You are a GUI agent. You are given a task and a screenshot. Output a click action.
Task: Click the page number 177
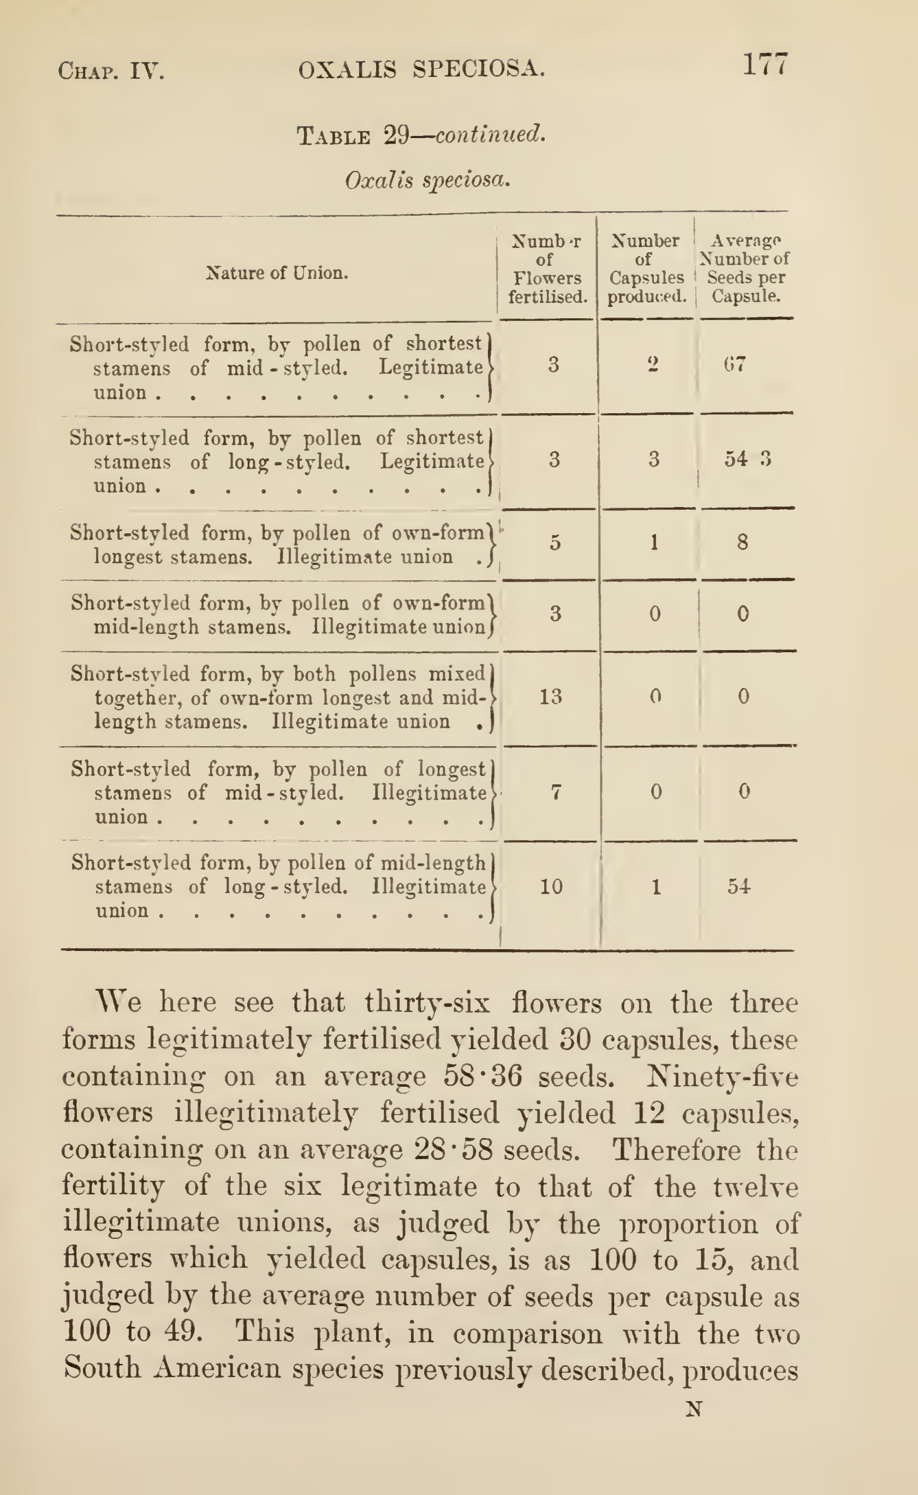coord(766,64)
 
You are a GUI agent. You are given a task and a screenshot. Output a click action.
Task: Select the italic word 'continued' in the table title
coord(490,134)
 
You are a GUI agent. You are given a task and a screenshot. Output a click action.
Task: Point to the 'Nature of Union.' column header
coord(277,273)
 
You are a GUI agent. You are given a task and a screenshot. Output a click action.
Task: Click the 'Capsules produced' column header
coord(647,269)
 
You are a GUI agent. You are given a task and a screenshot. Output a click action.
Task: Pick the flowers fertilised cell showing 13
coord(551,696)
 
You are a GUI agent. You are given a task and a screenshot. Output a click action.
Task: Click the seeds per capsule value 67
coord(735,365)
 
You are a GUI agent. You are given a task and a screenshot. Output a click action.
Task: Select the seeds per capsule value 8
coord(743,541)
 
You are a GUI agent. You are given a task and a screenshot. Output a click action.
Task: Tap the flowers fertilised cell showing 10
coord(551,886)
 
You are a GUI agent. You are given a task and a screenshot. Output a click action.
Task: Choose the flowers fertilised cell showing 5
coord(555,541)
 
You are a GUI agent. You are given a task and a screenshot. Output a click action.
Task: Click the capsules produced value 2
coord(653,365)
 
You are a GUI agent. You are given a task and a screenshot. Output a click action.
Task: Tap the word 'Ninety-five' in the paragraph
coord(723,1076)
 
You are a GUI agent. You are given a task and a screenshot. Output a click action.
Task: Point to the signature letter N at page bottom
coord(694,1409)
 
